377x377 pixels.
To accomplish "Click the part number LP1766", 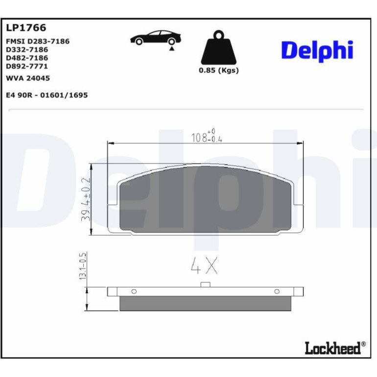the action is (26, 27).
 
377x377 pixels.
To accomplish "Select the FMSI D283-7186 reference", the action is (38, 41).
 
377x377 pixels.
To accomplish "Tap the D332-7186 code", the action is (27, 49).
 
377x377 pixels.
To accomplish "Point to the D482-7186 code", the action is (27, 58).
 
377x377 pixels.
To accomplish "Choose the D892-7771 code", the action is (27, 66).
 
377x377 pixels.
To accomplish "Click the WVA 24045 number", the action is (28, 78).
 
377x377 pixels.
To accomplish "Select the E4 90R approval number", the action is (47, 95).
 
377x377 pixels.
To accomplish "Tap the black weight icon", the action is (218, 47).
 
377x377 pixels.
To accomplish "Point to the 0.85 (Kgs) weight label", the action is (218, 71).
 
